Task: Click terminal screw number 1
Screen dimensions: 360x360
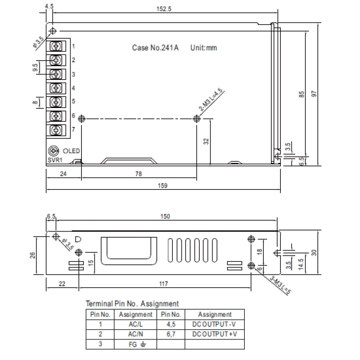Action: pyautogui.click(x=56, y=46)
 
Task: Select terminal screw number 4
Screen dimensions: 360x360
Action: pyautogui.click(x=56, y=88)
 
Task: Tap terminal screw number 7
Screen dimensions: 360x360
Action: pyautogui.click(x=56, y=130)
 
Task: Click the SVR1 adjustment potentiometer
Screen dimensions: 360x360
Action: pyautogui.click(x=53, y=151)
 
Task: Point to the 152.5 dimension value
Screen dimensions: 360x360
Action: pyautogui.click(x=164, y=9)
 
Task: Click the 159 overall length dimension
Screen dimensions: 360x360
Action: pyautogui.click(x=163, y=186)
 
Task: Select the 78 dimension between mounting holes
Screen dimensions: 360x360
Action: pyautogui.click(x=138, y=174)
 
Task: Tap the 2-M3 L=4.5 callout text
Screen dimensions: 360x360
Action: pyautogui.click(x=210, y=99)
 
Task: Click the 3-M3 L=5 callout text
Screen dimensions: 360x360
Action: pyautogui.click(x=280, y=285)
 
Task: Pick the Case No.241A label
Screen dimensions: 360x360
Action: pyautogui.click(x=155, y=48)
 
